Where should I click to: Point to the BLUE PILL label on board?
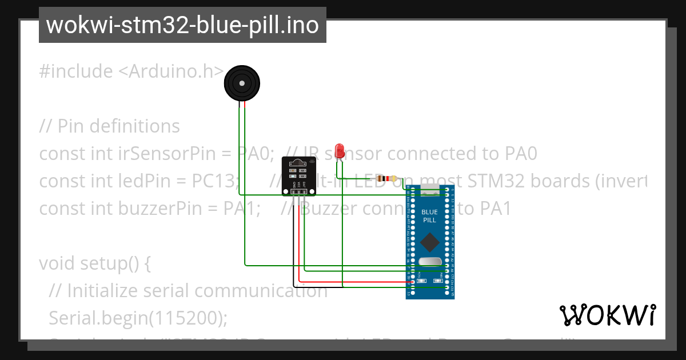[429, 216]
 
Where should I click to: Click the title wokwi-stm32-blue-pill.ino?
[182, 25]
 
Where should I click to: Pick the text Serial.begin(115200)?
[138, 317]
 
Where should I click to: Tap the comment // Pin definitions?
[109, 126]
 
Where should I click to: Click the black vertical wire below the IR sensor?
[294, 240]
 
